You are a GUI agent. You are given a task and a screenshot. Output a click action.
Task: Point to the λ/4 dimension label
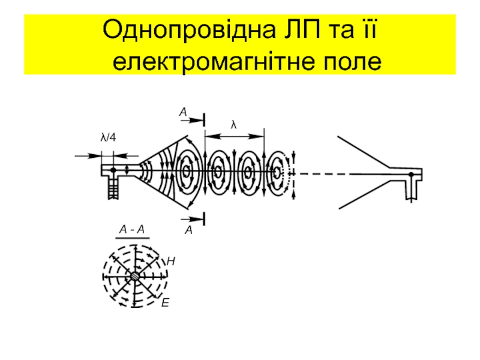tap(108, 137)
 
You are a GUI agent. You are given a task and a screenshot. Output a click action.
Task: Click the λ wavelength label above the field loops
tap(234, 125)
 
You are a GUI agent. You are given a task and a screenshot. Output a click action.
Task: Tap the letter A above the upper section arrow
tap(182, 112)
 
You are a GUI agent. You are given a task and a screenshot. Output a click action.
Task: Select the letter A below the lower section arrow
tap(188, 230)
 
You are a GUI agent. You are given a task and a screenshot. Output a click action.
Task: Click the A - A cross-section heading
tap(132, 229)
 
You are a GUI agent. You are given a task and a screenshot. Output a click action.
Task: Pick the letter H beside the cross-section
tap(171, 262)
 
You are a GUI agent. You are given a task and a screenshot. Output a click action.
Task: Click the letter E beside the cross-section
tap(166, 304)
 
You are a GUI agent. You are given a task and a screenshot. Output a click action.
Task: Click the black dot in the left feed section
tap(113, 170)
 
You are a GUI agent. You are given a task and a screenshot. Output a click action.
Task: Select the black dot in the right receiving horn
tap(411, 175)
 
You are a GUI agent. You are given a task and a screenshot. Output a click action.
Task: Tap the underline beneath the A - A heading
tap(132, 238)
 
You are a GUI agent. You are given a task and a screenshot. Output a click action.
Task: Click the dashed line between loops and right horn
tap(324, 174)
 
